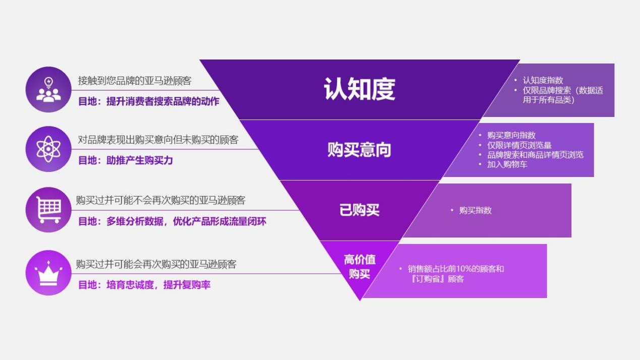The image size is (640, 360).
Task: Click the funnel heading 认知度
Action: coord(359,89)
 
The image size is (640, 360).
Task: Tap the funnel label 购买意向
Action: coord(359,150)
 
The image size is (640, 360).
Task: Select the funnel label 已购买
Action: coord(359,210)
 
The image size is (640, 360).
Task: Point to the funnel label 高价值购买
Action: coord(360,267)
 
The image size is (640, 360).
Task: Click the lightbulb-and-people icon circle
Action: coord(48,89)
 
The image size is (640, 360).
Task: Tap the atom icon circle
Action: coord(48,149)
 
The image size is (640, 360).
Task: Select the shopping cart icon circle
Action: coord(48,210)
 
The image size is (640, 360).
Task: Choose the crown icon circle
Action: coord(48,272)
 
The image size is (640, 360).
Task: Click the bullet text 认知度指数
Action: coord(543,80)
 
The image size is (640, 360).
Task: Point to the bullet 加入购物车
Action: coord(507,164)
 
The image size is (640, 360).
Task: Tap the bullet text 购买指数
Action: coord(475,210)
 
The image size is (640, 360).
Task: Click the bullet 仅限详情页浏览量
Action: coord(519,145)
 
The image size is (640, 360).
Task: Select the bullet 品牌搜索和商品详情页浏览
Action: coord(535,155)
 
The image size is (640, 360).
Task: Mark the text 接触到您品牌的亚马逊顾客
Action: coord(135,81)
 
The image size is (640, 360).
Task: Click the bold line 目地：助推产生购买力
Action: coord(126,160)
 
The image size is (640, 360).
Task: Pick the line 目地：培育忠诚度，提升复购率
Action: coord(144,285)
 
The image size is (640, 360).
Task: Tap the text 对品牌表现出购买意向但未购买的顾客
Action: coord(158,140)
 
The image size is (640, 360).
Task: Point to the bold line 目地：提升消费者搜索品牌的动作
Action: coord(149,101)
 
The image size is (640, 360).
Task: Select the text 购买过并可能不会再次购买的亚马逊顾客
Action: coord(160,200)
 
